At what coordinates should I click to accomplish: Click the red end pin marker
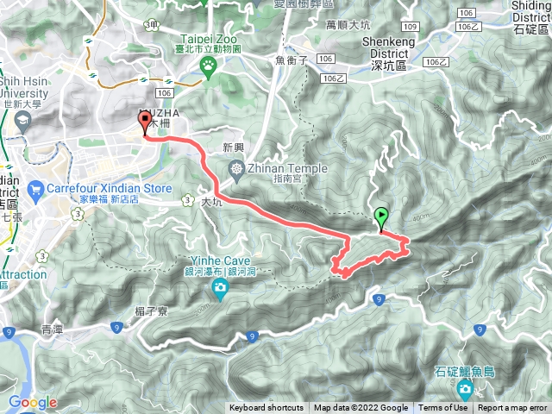point(143,122)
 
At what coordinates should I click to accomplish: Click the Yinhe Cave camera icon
point(221,287)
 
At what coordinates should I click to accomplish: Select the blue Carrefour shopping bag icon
point(35,188)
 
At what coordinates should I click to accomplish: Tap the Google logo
point(32,402)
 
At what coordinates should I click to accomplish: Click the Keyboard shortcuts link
point(267,408)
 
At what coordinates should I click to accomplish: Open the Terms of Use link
point(443,408)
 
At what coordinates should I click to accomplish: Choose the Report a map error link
point(512,408)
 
